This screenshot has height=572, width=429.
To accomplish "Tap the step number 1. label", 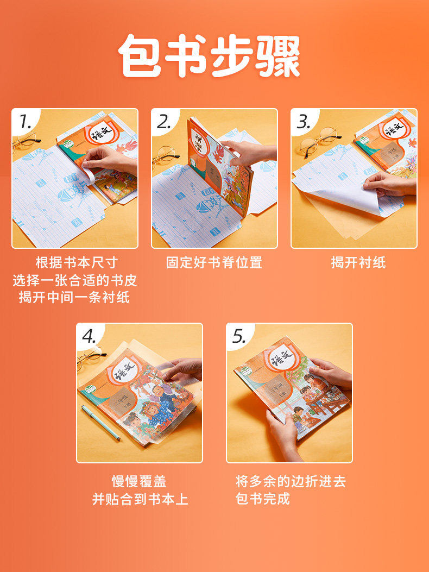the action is click(x=25, y=122).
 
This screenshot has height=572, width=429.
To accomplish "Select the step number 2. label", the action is click(x=164, y=122).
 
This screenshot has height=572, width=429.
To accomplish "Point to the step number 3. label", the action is click(x=304, y=122).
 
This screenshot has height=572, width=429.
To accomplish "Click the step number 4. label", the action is click(x=90, y=336).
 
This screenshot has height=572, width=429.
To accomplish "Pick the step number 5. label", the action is click(x=239, y=336).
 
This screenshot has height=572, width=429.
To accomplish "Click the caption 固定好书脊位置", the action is click(x=214, y=263).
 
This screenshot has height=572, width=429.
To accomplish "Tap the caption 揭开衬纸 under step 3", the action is click(x=358, y=263).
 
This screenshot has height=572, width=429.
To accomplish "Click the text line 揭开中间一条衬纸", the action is click(x=74, y=297).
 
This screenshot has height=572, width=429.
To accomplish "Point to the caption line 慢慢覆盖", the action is click(x=139, y=481).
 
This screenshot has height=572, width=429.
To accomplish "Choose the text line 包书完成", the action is click(x=263, y=498).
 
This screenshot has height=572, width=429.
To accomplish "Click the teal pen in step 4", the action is click(x=101, y=423).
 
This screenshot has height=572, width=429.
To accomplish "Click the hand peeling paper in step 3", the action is click(x=389, y=185).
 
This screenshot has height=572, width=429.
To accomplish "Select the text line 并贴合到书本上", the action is click(x=140, y=499).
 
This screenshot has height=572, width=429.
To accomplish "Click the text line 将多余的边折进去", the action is click(x=291, y=481).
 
